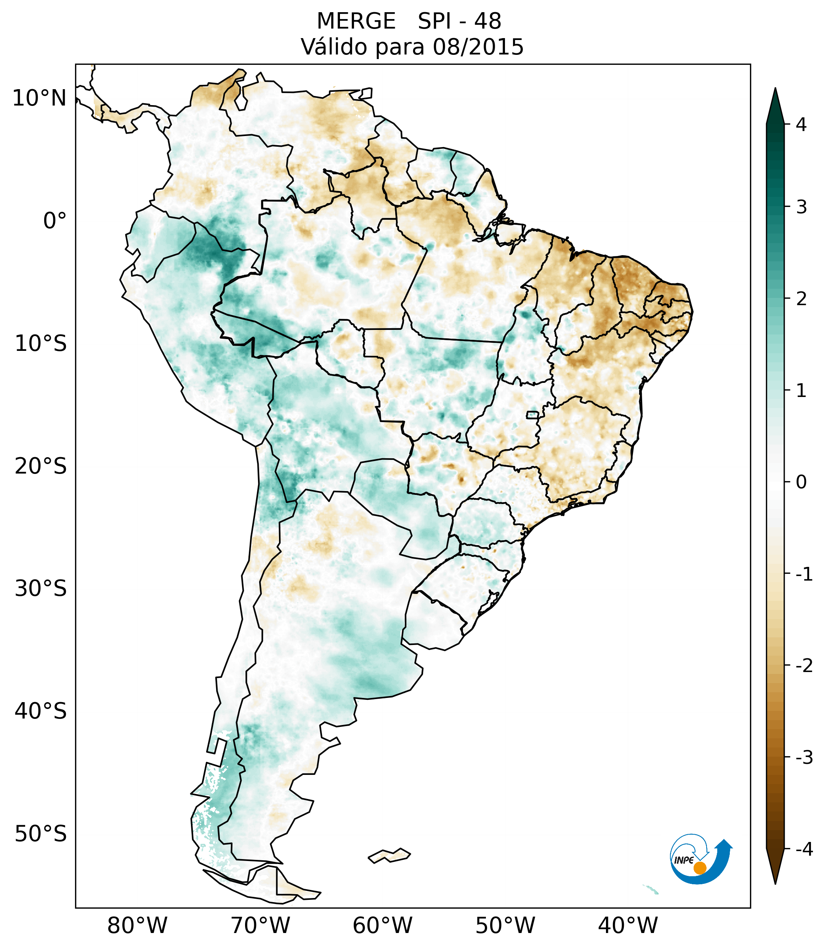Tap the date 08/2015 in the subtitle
click(478, 47)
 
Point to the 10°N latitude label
click(39, 98)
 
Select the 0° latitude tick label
click(54, 221)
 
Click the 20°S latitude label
click(41, 466)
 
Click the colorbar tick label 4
click(801, 125)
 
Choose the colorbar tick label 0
click(801, 482)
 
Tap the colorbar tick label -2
click(804, 666)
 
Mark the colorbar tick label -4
click(804, 850)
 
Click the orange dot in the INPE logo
click(699, 868)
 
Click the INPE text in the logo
click(684, 860)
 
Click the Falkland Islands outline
click(389, 856)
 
